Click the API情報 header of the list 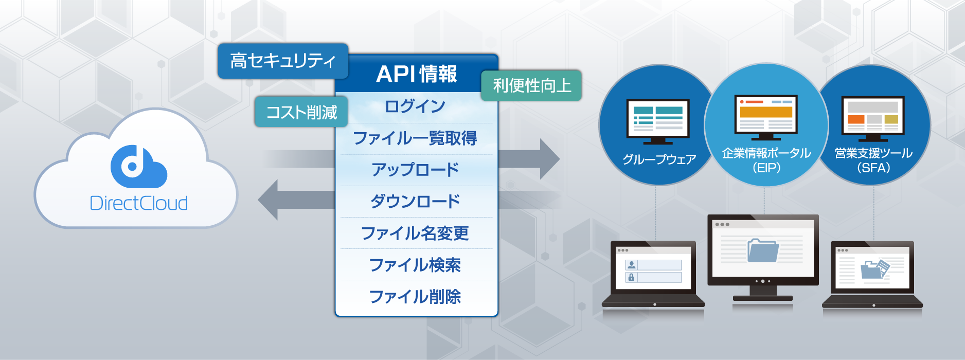coord(416,74)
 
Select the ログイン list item coord(415,106)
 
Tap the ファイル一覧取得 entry coord(415,138)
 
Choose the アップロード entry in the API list coord(415,170)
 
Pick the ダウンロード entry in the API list coord(415,201)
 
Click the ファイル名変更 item coord(415,233)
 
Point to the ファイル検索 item coord(415,265)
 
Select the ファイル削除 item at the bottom coord(415,296)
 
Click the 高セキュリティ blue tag coord(283,61)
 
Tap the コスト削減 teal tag coord(301,112)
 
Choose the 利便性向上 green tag coord(531,85)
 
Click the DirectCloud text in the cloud coord(138,203)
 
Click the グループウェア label coord(658,159)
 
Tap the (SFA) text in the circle coord(873,168)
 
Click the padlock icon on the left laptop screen coord(631,277)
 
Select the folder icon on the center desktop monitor coord(762,250)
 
